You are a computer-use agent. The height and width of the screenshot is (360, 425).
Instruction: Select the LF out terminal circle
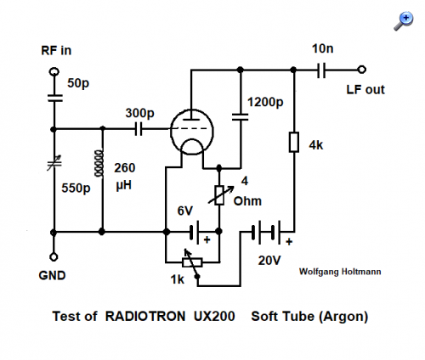pos(361,70)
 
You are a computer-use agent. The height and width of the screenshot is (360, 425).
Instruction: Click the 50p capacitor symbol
pos(54,98)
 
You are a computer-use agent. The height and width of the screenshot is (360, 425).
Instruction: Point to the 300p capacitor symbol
pos(139,129)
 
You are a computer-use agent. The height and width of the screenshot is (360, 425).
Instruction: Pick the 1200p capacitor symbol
pos(240,117)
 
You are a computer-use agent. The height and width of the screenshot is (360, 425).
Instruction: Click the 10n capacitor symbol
pos(321,70)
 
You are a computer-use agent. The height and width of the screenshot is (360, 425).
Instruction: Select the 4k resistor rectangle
pos(294,142)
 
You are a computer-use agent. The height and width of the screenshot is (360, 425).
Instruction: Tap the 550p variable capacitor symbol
pos(54,163)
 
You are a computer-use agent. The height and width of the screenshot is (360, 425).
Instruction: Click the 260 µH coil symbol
pos(99,164)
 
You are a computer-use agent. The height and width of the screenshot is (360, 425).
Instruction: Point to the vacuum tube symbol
pos(192,132)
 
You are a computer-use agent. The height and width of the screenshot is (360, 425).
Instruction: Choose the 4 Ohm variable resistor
pos(220,195)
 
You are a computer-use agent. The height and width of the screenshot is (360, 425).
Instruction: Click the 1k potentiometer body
pos(192,262)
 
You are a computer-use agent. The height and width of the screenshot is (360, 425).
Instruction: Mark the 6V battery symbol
pos(194,232)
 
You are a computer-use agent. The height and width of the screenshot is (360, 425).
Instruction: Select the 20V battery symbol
pos(266,233)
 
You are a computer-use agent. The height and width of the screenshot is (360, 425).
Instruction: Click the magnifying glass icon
pos(404,21)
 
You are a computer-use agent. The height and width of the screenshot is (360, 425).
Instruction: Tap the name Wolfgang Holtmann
pos(340,272)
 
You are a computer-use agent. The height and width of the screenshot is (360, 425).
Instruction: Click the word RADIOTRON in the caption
pos(145,316)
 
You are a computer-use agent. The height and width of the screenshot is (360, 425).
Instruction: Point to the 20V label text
pos(269,261)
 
